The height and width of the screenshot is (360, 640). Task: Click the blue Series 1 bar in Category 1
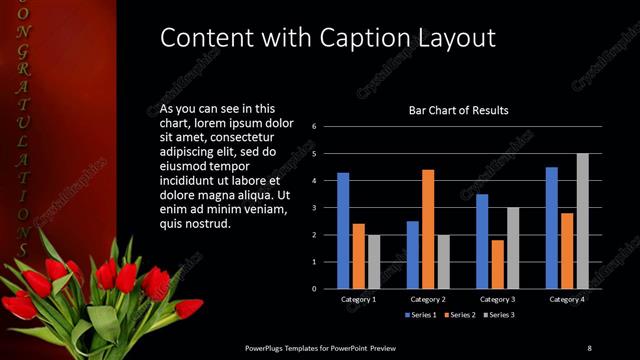coord(343,231)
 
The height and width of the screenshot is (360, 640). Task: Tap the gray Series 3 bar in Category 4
coord(582,221)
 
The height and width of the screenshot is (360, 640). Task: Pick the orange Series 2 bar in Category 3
coord(498,264)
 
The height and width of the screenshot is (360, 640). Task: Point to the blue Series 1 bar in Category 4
coord(552,228)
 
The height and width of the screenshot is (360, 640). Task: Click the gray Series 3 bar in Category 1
coord(374,262)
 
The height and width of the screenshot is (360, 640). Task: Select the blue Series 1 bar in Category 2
coord(413,255)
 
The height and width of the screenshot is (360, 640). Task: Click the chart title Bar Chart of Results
coord(459,110)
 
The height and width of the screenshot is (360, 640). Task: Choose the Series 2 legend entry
coord(458,315)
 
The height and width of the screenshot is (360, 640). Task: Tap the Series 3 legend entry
coord(499,315)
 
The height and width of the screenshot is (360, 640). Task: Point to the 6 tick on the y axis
coord(314,127)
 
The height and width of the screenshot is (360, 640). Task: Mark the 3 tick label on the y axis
coord(314,208)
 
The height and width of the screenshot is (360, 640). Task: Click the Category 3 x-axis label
coord(498,300)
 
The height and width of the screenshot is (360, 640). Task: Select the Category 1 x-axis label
coord(358,300)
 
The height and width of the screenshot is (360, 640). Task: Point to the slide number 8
coord(589,347)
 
